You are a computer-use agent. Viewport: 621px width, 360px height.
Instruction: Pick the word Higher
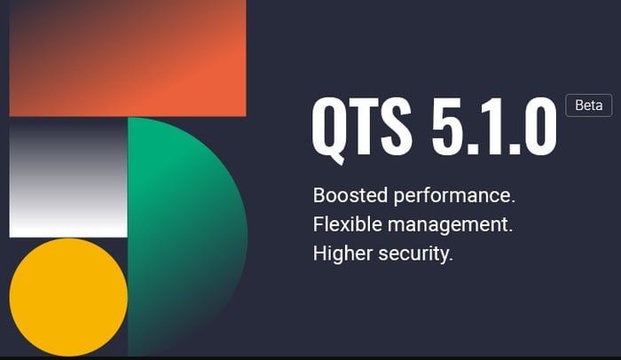pyautogui.click(x=340, y=254)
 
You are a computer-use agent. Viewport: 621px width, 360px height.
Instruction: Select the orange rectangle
pyautogui.click(x=128, y=58)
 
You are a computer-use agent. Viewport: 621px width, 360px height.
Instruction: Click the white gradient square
pyautogui.click(x=68, y=177)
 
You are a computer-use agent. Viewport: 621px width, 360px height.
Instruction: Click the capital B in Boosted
pyautogui.click(x=319, y=195)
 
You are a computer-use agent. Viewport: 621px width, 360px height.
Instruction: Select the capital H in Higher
pyautogui.click(x=320, y=254)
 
